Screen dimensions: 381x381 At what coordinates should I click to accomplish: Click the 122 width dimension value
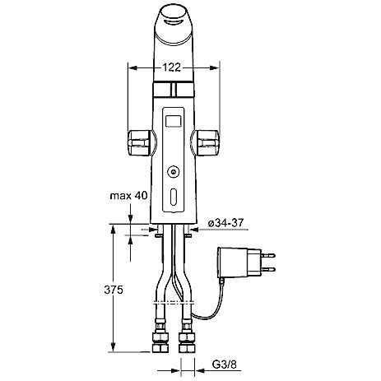[x=172, y=67]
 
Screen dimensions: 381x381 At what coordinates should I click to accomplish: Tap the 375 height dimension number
[x=114, y=290]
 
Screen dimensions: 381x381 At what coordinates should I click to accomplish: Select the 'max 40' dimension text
[x=128, y=196]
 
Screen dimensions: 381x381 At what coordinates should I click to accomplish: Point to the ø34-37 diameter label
[x=225, y=223]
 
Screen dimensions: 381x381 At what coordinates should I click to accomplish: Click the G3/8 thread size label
[x=224, y=365]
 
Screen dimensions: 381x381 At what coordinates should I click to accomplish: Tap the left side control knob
[x=139, y=143]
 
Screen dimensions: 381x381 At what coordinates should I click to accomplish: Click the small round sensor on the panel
[x=174, y=172]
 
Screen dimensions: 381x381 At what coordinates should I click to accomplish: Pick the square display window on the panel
[x=174, y=121]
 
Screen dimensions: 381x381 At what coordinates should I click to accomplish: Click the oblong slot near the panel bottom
[x=174, y=197]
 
